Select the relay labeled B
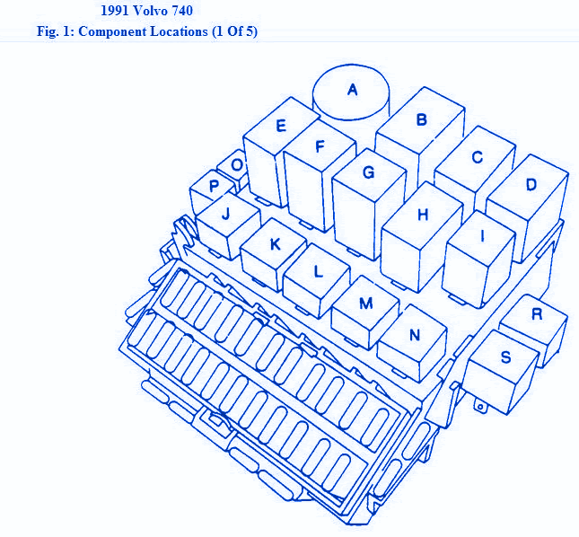[x=420, y=136]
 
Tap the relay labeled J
[x=228, y=226]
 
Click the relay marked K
[x=273, y=254]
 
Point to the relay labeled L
[x=317, y=281]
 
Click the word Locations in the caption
[x=179, y=31]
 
